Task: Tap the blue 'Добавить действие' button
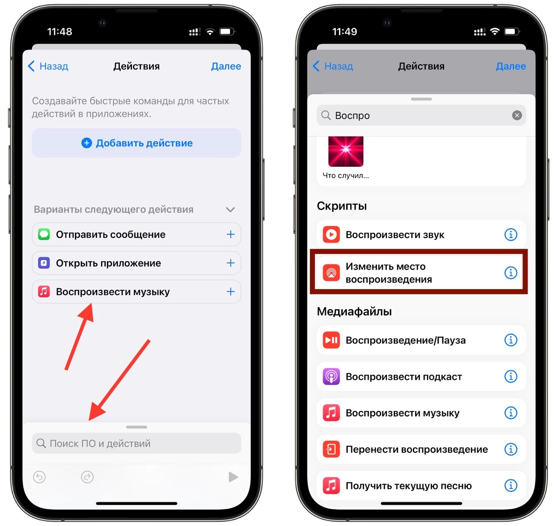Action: [x=136, y=143]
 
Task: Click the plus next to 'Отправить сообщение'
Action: [x=231, y=234]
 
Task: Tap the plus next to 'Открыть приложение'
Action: [x=231, y=263]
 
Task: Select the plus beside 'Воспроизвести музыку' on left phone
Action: [x=231, y=292]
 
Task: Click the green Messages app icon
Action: [x=44, y=234]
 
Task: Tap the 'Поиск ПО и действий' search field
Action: [x=136, y=443]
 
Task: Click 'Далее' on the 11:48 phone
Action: [x=226, y=66]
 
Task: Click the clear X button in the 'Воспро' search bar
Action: [x=517, y=115]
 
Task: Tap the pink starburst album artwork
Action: [x=346, y=151]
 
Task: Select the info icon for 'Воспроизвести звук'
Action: [x=511, y=234]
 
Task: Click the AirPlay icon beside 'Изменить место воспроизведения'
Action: [x=331, y=273]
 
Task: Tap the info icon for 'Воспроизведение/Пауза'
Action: [x=511, y=340]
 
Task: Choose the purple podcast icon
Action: [x=331, y=376]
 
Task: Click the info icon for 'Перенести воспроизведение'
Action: [x=511, y=449]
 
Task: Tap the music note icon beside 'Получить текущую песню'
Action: [x=331, y=486]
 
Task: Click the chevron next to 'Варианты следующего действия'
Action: [x=230, y=210]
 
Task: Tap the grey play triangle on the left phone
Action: [x=233, y=477]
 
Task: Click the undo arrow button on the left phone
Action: [x=39, y=477]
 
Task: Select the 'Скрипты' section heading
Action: [x=342, y=206]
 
